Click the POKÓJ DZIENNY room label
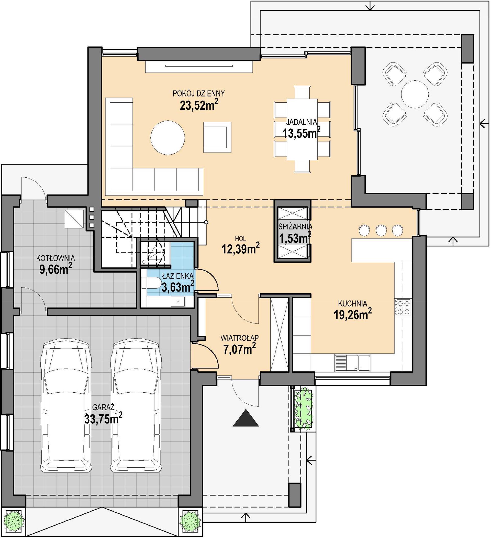coord(199,93)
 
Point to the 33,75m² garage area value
coord(104,418)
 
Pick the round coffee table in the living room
coord(168,138)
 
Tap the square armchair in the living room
coord(217,137)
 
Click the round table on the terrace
coord(415,94)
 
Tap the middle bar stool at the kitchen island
coord(381,231)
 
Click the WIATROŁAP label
coord(240,338)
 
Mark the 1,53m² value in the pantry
coord(295,238)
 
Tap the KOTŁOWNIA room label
coord(55,258)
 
